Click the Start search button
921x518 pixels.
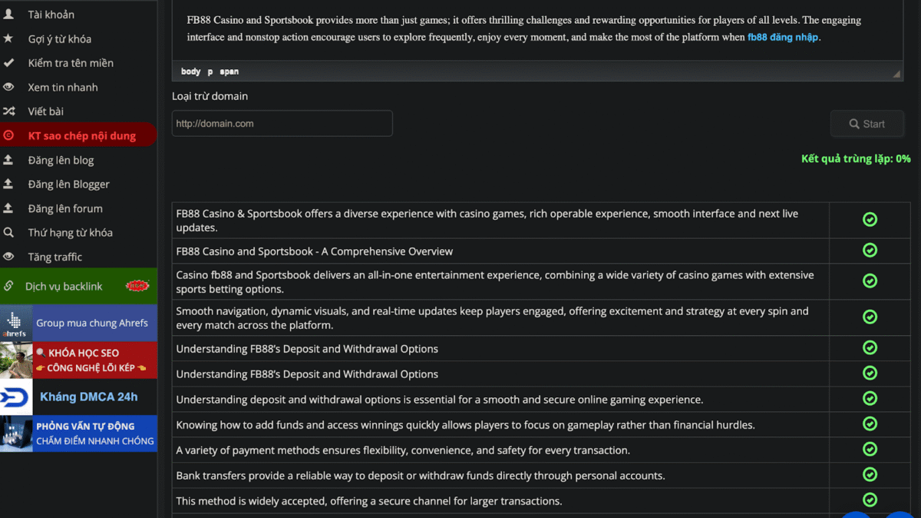pyautogui.click(x=867, y=124)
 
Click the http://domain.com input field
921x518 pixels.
pyautogui.click(x=282, y=124)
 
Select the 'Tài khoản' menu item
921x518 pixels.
pyautogui.click(x=51, y=15)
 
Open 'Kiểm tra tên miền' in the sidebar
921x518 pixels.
pyautogui.click(x=71, y=63)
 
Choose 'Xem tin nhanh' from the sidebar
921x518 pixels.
pyautogui.click(x=63, y=88)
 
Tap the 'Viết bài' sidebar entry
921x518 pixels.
pyautogui.click(x=46, y=111)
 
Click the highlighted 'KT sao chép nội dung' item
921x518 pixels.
pyautogui.click(x=81, y=136)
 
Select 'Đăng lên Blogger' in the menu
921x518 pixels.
pyautogui.click(x=69, y=184)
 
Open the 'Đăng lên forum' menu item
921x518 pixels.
pyautogui.click(x=65, y=208)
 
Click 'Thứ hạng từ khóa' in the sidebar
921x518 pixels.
pyautogui.click(x=71, y=233)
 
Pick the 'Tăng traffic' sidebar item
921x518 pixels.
pyautogui.click(x=55, y=257)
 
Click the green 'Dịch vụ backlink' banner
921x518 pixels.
pyautogui.click(x=78, y=286)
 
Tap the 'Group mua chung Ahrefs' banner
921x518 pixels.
pyautogui.click(x=78, y=323)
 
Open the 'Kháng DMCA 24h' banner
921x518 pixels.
pyautogui.click(x=78, y=397)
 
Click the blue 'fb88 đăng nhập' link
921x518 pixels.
pyautogui.click(x=783, y=37)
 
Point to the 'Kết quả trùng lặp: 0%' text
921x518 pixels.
pyautogui.click(x=856, y=159)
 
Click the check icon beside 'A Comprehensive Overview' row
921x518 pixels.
pyautogui.click(x=870, y=251)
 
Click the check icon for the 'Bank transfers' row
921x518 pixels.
pyautogui.click(x=870, y=474)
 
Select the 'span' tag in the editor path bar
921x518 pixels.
pyautogui.click(x=229, y=71)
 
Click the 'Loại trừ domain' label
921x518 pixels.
pyautogui.click(x=210, y=96)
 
